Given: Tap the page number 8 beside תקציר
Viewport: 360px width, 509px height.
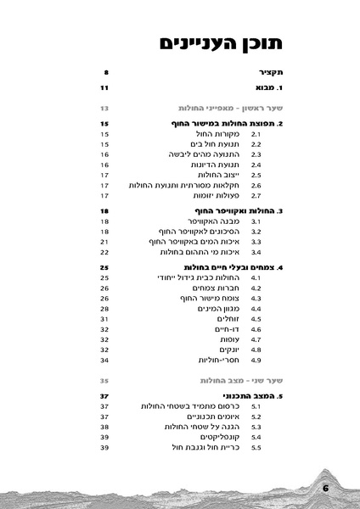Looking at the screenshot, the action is click(x=105, y=74).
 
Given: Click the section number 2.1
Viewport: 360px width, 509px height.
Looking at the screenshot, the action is click(x=254, y=134).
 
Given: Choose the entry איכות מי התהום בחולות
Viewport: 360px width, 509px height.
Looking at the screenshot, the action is click(x=202, y=252).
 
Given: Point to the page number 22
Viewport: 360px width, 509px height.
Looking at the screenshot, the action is click(x=104, y=252).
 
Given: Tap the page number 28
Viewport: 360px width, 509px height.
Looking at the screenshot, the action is click(x=104, y=309).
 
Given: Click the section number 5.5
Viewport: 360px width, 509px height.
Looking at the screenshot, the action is click(x=254, y=446).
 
